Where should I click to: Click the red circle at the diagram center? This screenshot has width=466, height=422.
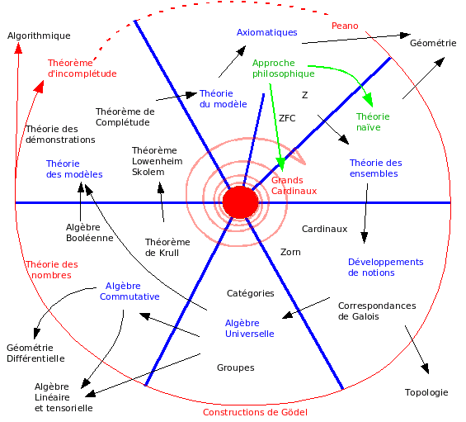(x=241, y=202)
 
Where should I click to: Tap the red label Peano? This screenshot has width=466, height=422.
(x=345, y=26)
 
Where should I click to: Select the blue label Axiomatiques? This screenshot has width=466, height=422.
(x=266, y=32)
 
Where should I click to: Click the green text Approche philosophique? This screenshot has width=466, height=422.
(x=284, y=69)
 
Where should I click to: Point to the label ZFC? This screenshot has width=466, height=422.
(x=288, y=117)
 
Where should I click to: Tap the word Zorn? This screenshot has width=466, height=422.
(x=290, y=252)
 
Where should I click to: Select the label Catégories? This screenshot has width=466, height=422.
(x=251, y=293)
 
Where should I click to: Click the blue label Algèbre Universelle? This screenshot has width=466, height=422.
(x=250, y=328)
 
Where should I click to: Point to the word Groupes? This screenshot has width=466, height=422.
(x=236, y=367)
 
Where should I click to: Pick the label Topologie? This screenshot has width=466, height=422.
(x=426, y=392)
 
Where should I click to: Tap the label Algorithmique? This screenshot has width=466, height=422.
(x=39, y=36)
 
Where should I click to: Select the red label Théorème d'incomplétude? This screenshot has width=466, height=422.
(x=82, y=68)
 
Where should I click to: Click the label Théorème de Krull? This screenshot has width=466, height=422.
(x=167, y=247)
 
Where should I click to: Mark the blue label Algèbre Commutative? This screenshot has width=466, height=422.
(x=130, y=291)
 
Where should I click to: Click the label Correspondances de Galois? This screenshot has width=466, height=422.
(x=377, y=311)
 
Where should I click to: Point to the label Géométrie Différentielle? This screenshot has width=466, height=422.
(x=35, y=353)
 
